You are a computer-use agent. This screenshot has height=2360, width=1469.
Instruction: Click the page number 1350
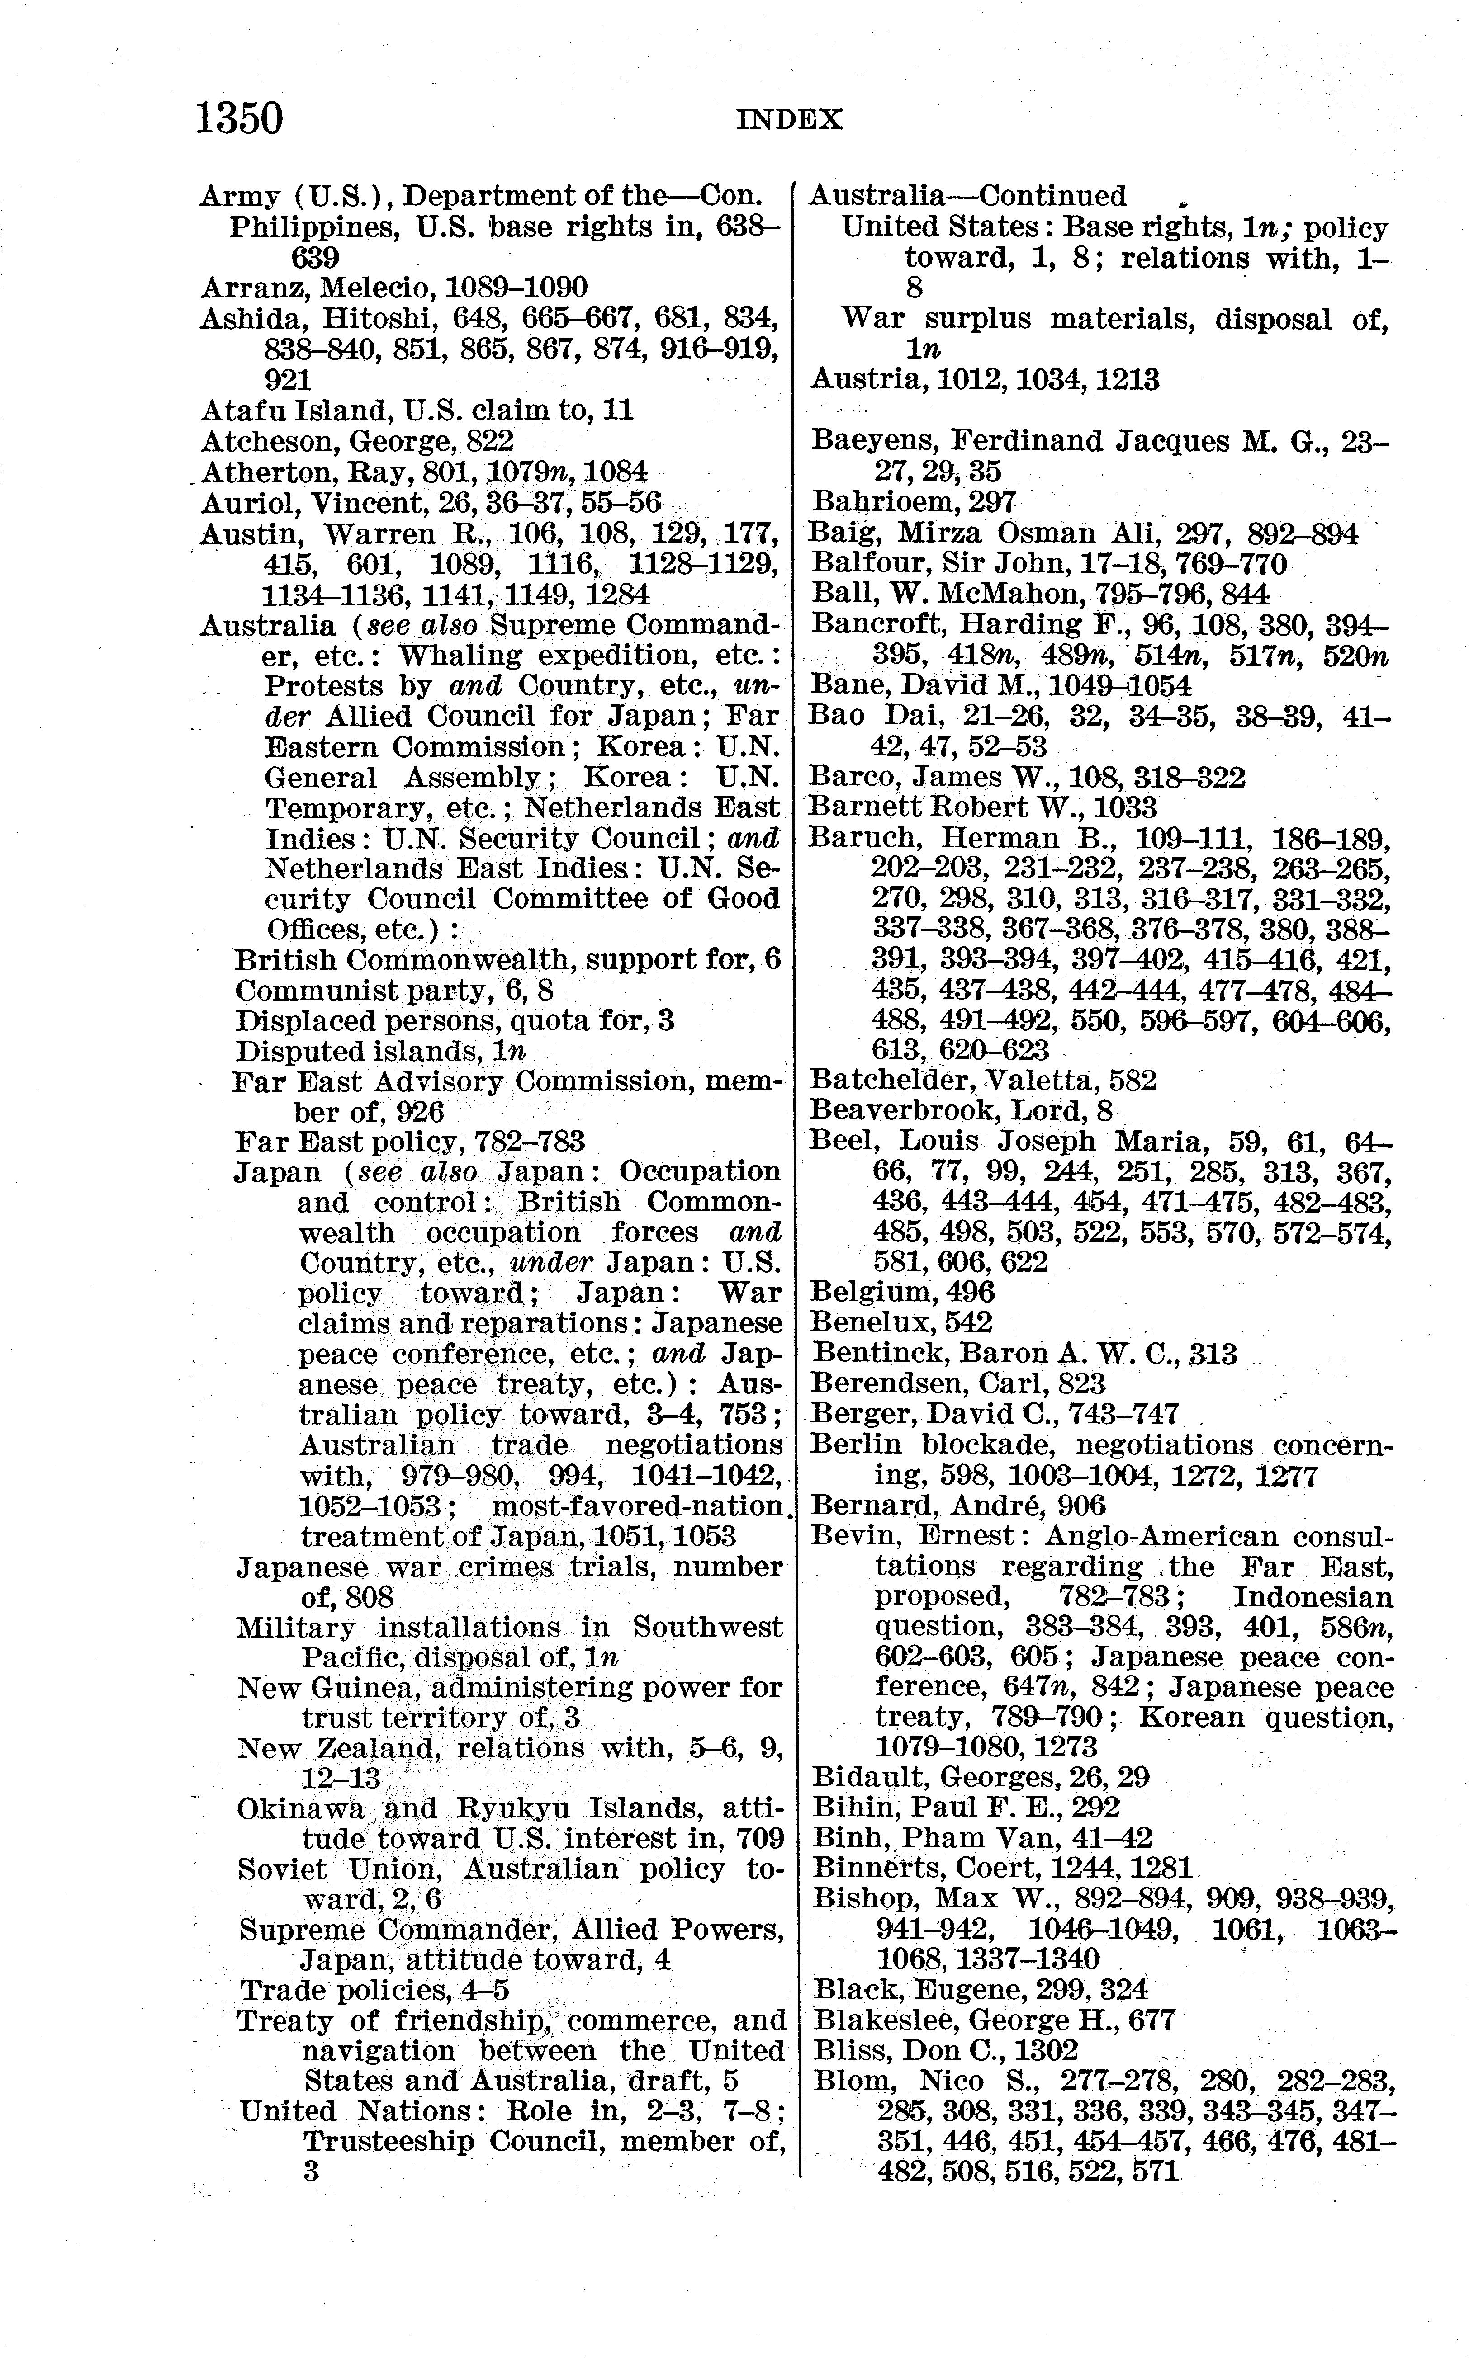[239, 118]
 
